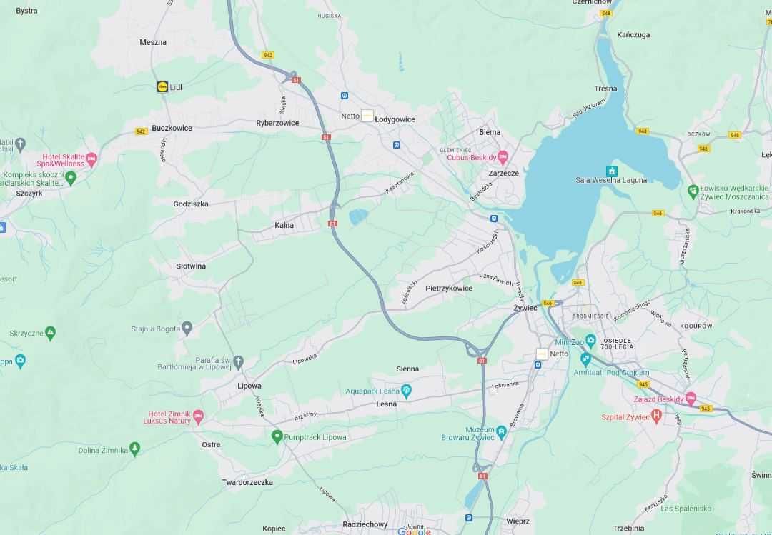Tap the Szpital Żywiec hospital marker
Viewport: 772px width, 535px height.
click(657, 416)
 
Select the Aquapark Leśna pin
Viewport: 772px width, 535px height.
click(407, 390)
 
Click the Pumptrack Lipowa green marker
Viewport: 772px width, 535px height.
click(277, 436)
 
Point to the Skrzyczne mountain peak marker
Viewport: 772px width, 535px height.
click(50, 332)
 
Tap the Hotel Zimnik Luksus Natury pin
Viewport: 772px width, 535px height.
click(199, 416)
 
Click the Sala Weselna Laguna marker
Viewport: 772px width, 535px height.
click(611, 171)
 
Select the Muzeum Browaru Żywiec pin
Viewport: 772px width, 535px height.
click(502, 431)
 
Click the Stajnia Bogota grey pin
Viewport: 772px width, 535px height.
click(187, 329)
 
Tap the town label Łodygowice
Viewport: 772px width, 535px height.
click(395, 119)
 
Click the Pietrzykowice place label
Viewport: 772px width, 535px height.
click(449, 289)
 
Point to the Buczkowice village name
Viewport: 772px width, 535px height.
click(172, 128)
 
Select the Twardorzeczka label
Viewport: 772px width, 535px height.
click(247, 482)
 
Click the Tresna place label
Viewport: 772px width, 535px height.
click(605, 89)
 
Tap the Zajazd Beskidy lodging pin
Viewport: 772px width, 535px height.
click(691, 398)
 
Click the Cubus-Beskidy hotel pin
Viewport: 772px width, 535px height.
click(503, 156)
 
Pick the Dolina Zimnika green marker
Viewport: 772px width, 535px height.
click(134, 449)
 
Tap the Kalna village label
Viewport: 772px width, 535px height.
click(284, 225)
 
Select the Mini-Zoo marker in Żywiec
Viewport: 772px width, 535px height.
click(590, 341)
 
